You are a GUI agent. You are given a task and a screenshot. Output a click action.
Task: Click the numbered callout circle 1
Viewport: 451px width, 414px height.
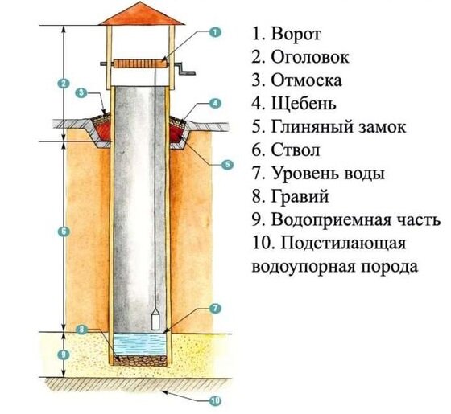pyautogui.click(x=215, y=32)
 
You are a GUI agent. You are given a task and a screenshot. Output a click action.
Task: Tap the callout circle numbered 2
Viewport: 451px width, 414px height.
pyautogui.click(x=64, y=84)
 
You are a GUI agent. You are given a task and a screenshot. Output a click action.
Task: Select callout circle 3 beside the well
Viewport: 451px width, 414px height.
pyautogui.click(x=81, y=92)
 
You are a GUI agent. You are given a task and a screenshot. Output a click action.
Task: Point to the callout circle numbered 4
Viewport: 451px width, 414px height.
pyautogui.click(x=215, y=104)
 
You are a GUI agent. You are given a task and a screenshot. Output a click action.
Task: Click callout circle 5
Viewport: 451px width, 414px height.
pyautogui.click(x=227, y=165)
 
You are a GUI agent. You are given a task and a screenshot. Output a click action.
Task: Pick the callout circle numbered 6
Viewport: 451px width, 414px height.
pyautogui.click(x=64, y=232)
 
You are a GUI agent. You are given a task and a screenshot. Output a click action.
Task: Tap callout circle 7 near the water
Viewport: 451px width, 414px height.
pyautogui.click(x=215, y=309)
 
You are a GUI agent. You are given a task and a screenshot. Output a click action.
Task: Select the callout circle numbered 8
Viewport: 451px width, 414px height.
pyautogui.click(x=81, y=330)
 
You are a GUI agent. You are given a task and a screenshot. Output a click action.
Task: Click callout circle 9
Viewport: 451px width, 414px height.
pyautogui.click(x=64, y=355)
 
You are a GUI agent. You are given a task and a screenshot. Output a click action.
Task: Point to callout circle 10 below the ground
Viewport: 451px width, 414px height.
pyautogui.click(x=215, y=401)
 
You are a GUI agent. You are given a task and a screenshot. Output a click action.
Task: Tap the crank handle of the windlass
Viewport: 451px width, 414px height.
pyautogui.click(x=185, y=68)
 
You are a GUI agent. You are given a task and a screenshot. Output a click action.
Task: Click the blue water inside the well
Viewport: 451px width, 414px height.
pyautogui.click(x=140, y=345)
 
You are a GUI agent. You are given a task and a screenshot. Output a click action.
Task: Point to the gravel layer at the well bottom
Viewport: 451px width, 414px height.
pyautogui.click(x=140, y=361)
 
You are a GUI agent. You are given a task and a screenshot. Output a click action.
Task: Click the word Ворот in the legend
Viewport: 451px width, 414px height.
pyautogui.click(x=296, y=35)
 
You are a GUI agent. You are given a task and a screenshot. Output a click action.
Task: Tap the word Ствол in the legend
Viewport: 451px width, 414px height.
pyautogui.click(x=296, y=150)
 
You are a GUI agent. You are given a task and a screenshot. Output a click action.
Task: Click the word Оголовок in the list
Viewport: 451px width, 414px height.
pyautogui.click(x=310, y=57)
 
